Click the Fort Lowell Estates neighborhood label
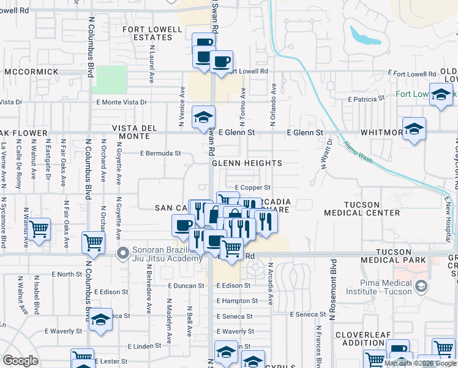[153, 33]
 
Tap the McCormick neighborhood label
[31, 72]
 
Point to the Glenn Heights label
[247, 164]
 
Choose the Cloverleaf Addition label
[367, 339]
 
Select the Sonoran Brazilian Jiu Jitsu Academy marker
[123, 251]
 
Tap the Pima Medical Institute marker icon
[421, 286]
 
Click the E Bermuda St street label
[161, 153]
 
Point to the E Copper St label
[252, 187]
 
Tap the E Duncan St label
[186, 286]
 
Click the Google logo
[20, 361]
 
